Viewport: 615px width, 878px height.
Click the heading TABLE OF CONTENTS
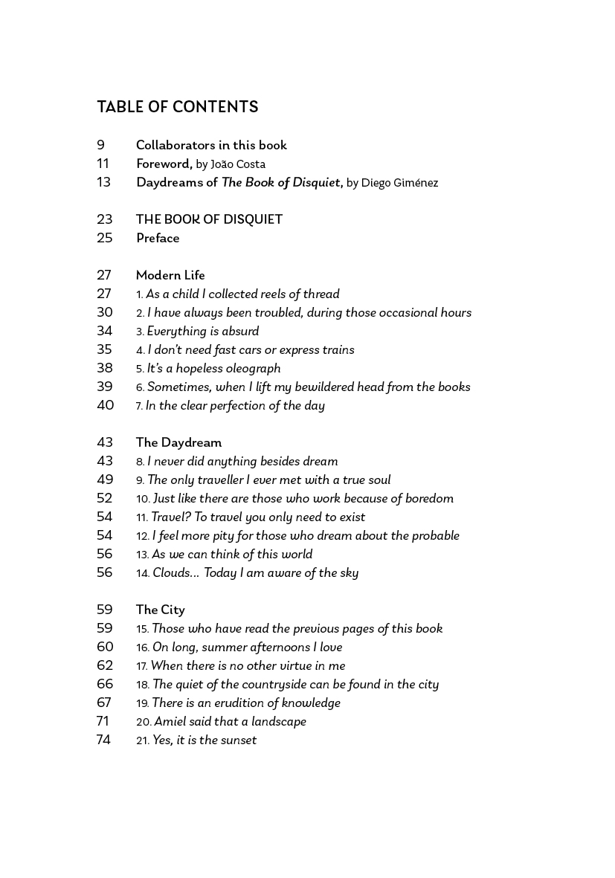click(177, 107)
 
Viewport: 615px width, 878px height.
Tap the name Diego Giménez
click(399, 183)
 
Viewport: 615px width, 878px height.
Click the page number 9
click(100, 145)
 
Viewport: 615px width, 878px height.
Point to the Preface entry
click(158, 238)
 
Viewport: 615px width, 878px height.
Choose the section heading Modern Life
click(170, 275)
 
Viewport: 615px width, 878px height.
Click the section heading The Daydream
click(178, 442)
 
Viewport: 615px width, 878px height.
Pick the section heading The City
click(160, 610)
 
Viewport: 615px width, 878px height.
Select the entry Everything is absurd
click(202, 332)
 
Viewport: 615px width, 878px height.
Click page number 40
click(105, 405)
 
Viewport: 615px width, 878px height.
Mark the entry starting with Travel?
click(258, 517)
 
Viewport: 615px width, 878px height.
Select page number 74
click(103, 740)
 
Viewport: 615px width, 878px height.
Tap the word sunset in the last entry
click(239, 740)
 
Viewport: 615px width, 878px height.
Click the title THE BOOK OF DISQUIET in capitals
click(209, 219)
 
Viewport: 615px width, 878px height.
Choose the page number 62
click(105, 665)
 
